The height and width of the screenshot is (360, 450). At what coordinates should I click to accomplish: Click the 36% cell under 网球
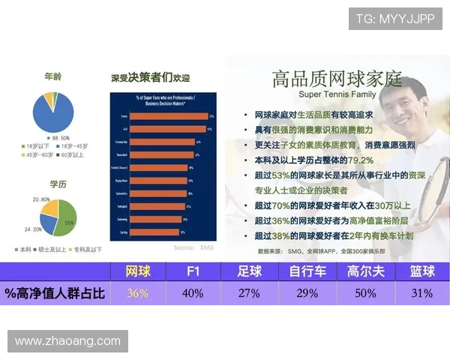click(137, 293)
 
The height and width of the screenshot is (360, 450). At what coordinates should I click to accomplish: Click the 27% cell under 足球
click(249, 293)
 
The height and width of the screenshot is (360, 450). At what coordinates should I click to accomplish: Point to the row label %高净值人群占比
click(55, 293)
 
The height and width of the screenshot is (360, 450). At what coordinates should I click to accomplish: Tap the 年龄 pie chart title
click(53, 76)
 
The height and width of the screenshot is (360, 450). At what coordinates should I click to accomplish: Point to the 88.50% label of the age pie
click(59, 139)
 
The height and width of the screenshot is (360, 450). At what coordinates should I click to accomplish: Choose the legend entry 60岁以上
click(73, 154)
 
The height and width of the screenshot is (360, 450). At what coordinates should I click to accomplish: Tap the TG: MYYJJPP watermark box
click(394, 19)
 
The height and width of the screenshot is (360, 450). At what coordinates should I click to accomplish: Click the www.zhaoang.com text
click(67, 341)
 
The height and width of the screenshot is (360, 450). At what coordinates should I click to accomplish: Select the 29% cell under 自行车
click(307, 293)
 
